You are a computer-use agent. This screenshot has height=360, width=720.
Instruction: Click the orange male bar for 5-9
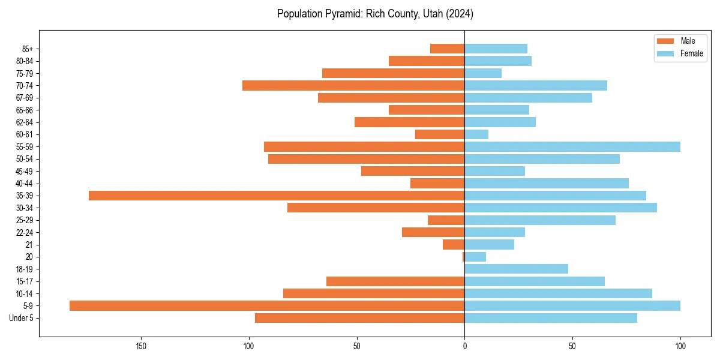267,306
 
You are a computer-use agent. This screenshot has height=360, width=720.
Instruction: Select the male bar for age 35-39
277,196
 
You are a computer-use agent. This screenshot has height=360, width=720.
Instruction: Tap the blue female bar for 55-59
572,147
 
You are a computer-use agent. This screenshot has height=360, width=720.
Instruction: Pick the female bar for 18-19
516,269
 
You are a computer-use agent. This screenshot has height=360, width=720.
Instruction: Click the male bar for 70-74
353,86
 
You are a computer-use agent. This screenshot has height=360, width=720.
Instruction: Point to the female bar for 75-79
483,73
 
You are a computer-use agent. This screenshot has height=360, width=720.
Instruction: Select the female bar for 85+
496,49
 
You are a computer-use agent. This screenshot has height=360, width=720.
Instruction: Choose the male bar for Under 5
359,318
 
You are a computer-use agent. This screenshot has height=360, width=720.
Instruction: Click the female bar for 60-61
476,134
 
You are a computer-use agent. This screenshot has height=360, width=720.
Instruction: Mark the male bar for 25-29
446,220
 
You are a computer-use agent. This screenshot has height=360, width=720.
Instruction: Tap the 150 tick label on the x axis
141,346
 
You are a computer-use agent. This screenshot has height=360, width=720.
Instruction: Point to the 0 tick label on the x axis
464,346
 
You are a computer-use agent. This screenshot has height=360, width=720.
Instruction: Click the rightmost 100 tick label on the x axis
680,346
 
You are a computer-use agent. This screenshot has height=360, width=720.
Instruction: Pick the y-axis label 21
29,245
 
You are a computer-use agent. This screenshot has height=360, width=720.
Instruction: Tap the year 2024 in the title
460,14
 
